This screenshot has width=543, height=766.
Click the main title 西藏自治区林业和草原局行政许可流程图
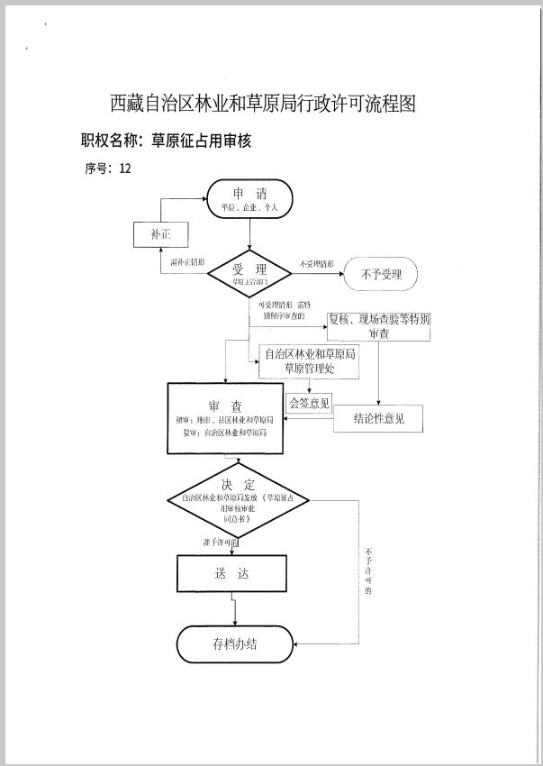point(264,103)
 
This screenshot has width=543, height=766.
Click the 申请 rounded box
point(249,198)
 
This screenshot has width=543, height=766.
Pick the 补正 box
point(160,235)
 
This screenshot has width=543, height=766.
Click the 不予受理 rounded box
point(380,274)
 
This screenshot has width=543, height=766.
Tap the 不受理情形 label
point(317,264)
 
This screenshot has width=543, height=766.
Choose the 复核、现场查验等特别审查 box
point(377,325)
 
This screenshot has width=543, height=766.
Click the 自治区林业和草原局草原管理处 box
point(309,360)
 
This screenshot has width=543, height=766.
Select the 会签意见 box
point(309,402)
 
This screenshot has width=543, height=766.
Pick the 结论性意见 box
point(377,418)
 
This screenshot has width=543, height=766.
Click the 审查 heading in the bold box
point(224,406)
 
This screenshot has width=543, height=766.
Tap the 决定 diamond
point(239,501)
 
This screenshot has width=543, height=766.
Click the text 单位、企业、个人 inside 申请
point(249,208)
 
